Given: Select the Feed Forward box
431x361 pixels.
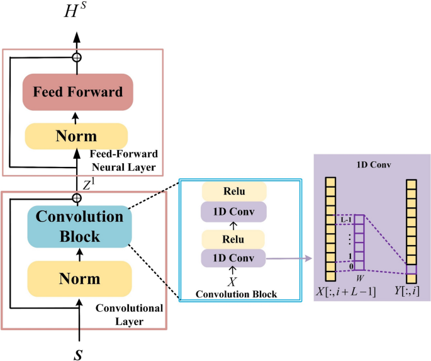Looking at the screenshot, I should click(77, 92).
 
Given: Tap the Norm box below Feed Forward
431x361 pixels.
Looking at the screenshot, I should click(76, 136).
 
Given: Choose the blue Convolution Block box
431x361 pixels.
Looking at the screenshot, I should click(79, 226).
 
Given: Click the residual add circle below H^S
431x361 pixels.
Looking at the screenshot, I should click(77, 57).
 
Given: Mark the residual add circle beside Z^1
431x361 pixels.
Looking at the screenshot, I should click(77, 198).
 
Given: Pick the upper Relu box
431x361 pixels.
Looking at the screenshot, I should click(235, 192).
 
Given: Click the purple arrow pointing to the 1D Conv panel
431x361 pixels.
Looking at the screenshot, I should click(289, 258).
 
